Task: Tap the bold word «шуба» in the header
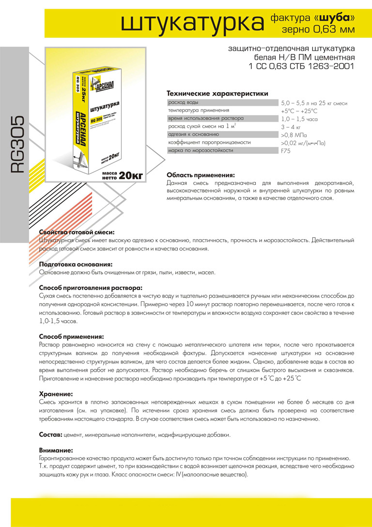pyautogui.click(x=335, y=18)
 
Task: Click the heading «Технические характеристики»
pyautogui.click(x=217, y=93)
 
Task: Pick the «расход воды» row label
pyautogui.click(x=183, y=103)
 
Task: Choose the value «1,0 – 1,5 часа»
pyautogui.click(x=299, y=119)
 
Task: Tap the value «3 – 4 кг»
pyautogui.click(x=291, y=127)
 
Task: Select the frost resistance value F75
pyautogui.click(x=286, y=151)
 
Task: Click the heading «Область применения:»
pyautogui.click(x=201, y=175)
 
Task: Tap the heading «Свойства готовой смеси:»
pyautogui.click(x=77, y=232)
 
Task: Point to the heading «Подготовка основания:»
pyautogui.click(x=76, y=264)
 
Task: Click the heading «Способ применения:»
pyautogui.click(x=71, y=335)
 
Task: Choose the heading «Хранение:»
pyautogui.click(x=56, y=394)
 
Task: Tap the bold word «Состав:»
pyautogui.click(x=50, y=434)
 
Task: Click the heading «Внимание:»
pyautogui.click(x=56, y=450)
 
